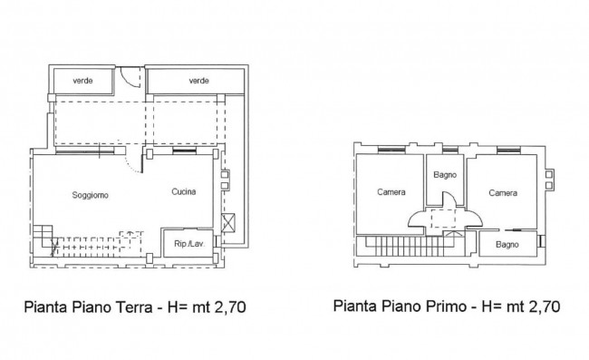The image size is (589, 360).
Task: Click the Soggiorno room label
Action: (90, 195)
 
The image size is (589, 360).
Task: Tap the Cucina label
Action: (184, 191)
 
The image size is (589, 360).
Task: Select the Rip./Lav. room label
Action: (189, 244)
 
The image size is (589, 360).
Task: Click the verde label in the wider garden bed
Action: (198, 81)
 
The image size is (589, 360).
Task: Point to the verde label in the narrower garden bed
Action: (82, 81)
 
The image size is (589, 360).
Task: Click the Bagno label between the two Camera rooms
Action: (445, 175)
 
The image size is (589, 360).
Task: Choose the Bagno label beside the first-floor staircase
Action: (507, 245)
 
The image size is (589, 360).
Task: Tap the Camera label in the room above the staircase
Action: (391, 192)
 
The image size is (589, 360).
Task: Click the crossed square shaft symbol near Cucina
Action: (228, 223)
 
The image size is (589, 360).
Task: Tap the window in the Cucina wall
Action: (184, 151)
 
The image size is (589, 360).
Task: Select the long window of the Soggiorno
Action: (85, 151)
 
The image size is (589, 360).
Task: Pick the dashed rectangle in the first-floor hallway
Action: (443, 219)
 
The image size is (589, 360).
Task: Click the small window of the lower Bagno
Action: (541, 241)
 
